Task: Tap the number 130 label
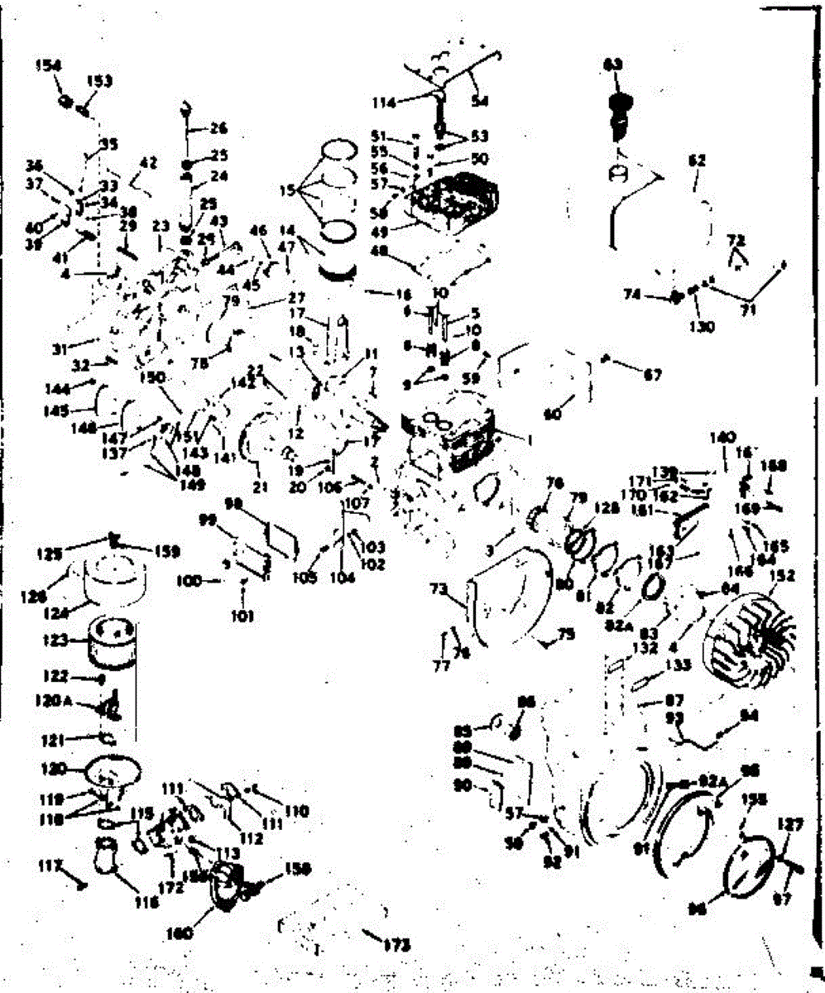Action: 702,325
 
